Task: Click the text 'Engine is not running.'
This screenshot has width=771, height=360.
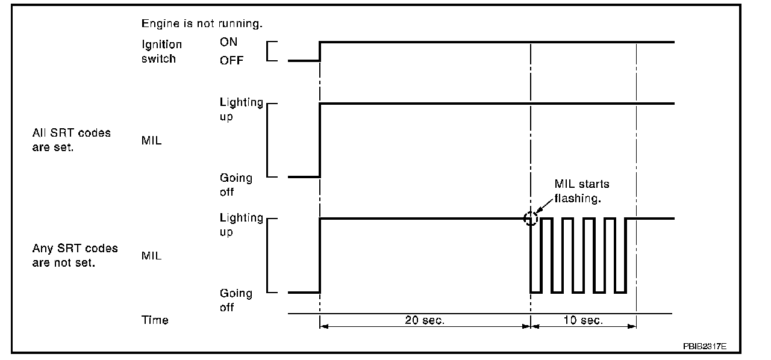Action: [x=202, y=24]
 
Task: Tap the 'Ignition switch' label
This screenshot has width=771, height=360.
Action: [x=161, y=51]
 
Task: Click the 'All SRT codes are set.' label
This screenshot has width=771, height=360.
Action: [x=71, y=140]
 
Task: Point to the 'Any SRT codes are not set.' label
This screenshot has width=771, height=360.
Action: [x=75, y=255]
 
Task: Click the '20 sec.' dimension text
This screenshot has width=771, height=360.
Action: [x=424, y=320]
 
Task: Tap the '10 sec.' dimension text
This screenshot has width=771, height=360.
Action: [x=582, y=320]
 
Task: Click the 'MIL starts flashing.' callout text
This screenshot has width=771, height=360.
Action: [x=581, y=191]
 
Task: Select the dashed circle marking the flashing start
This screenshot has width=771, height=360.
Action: [x=530, y=219]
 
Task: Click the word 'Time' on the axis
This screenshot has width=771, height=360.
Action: [x=155, y=320]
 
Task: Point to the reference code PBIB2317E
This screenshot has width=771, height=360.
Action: [x=704, y=347]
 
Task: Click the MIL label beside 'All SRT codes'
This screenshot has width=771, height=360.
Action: [x=151, y=142]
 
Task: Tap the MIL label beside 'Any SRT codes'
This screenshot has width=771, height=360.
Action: [x=151, y=256]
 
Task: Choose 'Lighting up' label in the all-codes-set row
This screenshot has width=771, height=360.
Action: [x=241, y=109]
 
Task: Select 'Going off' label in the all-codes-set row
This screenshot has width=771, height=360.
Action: [x=236, y=185]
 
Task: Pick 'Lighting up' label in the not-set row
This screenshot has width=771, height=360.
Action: [x=241, y=225]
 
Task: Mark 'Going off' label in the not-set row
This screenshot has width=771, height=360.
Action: [x=236, y=300]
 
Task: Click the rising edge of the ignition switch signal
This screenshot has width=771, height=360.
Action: [x=320, y=51]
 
